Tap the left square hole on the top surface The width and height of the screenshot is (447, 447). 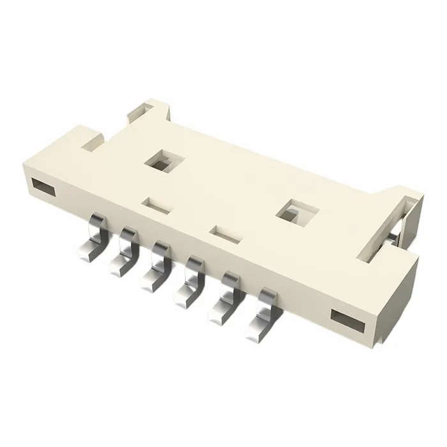tap(160, 161)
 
